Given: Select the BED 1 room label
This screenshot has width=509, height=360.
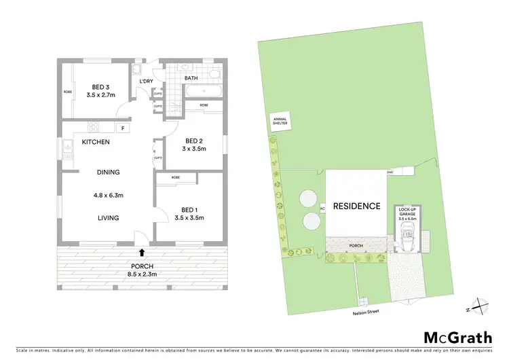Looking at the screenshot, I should [x=189, y=209].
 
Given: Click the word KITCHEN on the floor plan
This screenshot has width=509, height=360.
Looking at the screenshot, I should [x=96, y=143].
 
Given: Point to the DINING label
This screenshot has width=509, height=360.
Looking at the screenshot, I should [x=107, y=173].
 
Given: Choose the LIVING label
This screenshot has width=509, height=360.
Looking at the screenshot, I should [x=107, y=218].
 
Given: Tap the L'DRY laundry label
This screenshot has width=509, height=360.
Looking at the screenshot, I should [x=146, y=82].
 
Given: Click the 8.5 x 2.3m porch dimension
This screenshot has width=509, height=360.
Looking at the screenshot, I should [x=142, y=274].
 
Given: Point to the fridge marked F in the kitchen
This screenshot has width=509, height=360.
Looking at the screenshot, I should [x=123, y=128].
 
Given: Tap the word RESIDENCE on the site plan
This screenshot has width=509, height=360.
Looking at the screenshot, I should [x=356, y=206].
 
